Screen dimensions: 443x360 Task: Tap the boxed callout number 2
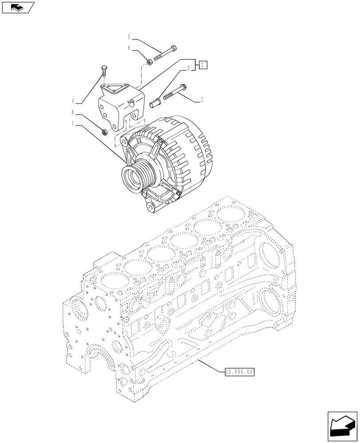(x=202, y=66)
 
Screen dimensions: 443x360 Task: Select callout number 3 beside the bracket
(x=188, y=68)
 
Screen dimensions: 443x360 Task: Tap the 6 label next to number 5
(x=129, y=49)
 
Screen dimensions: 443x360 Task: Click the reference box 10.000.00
(x=239, y=372)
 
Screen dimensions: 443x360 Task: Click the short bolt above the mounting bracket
(x=104, y=71)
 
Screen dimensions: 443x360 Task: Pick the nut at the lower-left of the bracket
(x=105, y=131)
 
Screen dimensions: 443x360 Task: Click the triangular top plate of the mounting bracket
(x=114, y=90)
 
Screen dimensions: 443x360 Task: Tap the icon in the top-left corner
(x=17, y=7)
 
